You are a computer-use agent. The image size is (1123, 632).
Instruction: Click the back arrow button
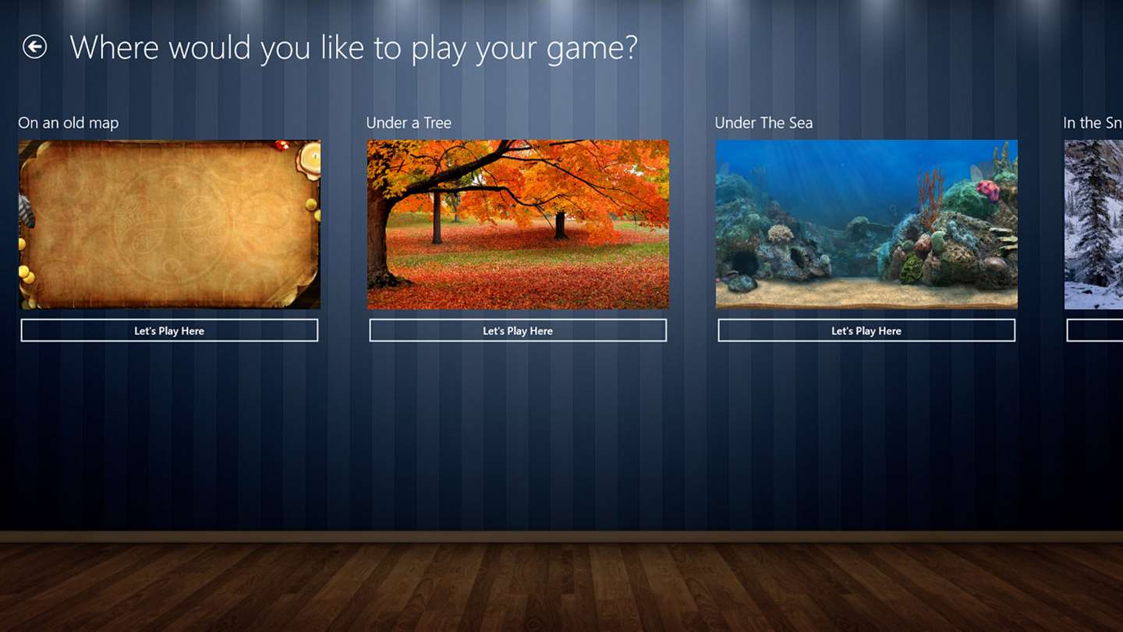(x=34, y=47)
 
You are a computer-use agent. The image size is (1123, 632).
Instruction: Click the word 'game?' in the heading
(x=592, y=50)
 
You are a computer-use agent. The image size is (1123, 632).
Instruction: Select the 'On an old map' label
(x=68, y=123)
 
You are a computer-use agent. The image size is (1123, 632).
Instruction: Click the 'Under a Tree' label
(x=409, y=123)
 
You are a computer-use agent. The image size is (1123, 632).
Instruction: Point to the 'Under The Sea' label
(x=763, y=123)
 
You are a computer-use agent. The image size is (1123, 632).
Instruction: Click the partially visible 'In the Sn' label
(x=1093, y=123)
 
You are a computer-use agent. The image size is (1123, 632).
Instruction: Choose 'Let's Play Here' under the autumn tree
(x=518, y=331)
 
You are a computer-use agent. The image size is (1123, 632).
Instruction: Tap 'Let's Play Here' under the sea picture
(x=866, y=331)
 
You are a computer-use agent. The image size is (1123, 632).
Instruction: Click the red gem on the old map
(x=282, y=145)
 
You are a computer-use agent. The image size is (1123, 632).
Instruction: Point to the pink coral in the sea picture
(x=987, y=190)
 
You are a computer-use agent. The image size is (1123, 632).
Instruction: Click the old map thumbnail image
(x=169, y=224)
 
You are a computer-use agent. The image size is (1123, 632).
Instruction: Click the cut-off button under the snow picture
(x=1095, y=331)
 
